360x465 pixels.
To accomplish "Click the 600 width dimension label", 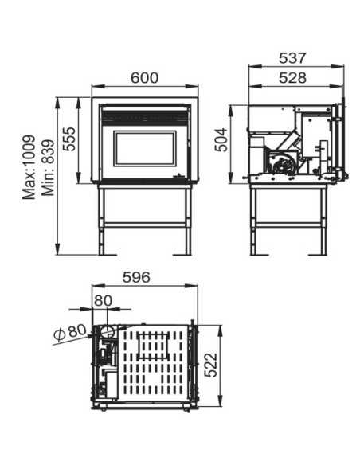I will (x=145, y=77).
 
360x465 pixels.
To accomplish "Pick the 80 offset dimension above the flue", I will (x=103, y=300).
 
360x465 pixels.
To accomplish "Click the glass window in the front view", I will (x=145, y=149).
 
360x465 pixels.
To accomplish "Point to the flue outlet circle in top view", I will (x=104, y=331).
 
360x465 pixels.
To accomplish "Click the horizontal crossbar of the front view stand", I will (x=145, y=225).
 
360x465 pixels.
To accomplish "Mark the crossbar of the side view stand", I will (x=291, y=224).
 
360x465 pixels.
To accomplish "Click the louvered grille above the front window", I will (x=145, y=117).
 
